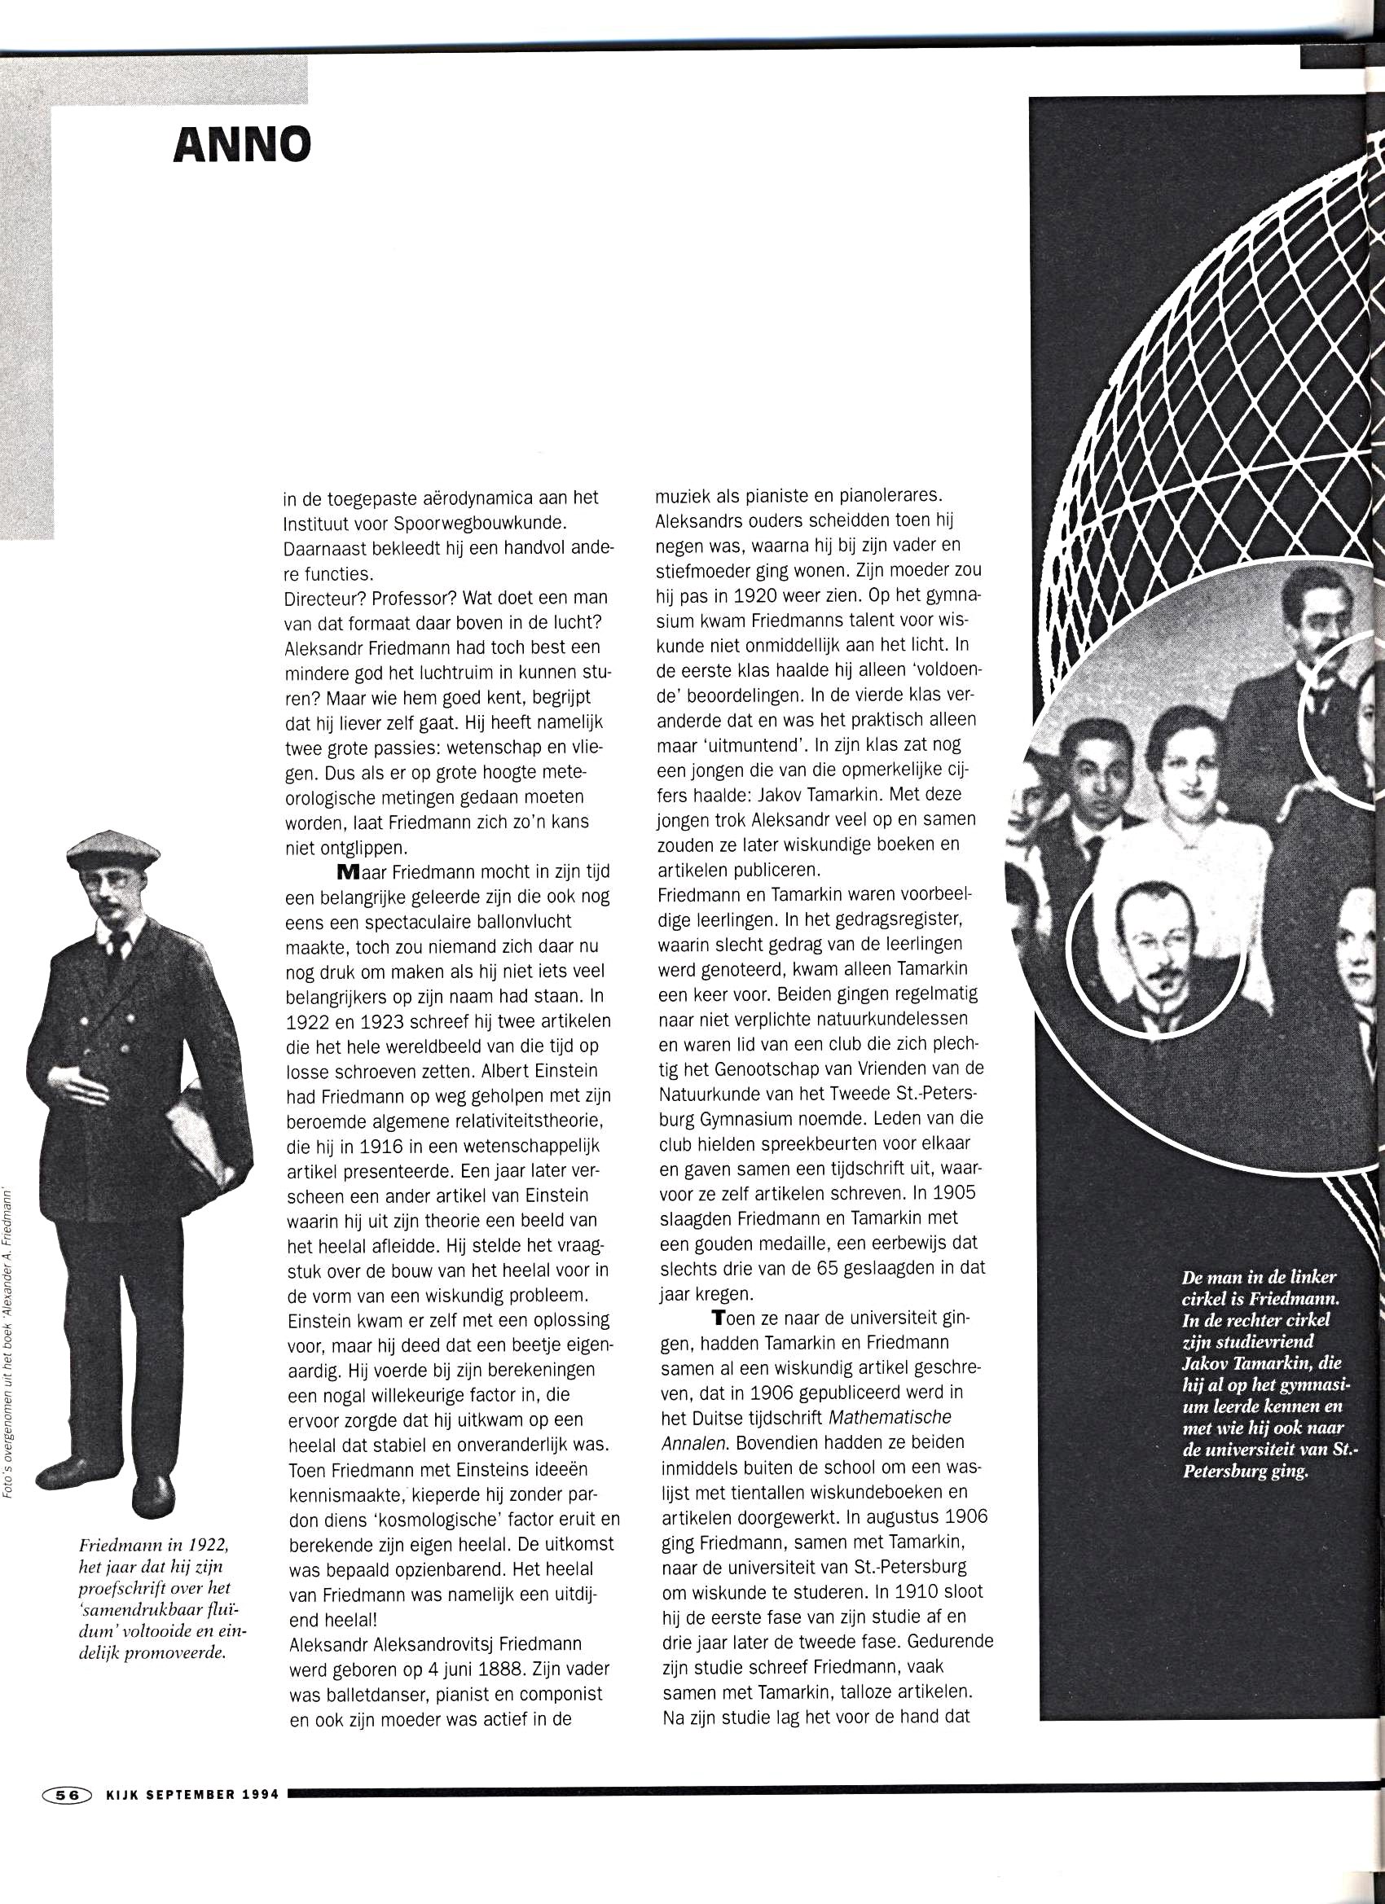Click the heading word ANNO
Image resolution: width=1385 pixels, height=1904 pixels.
[242, 144]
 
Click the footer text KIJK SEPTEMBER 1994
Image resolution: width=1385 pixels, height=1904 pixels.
[192, 1795]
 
